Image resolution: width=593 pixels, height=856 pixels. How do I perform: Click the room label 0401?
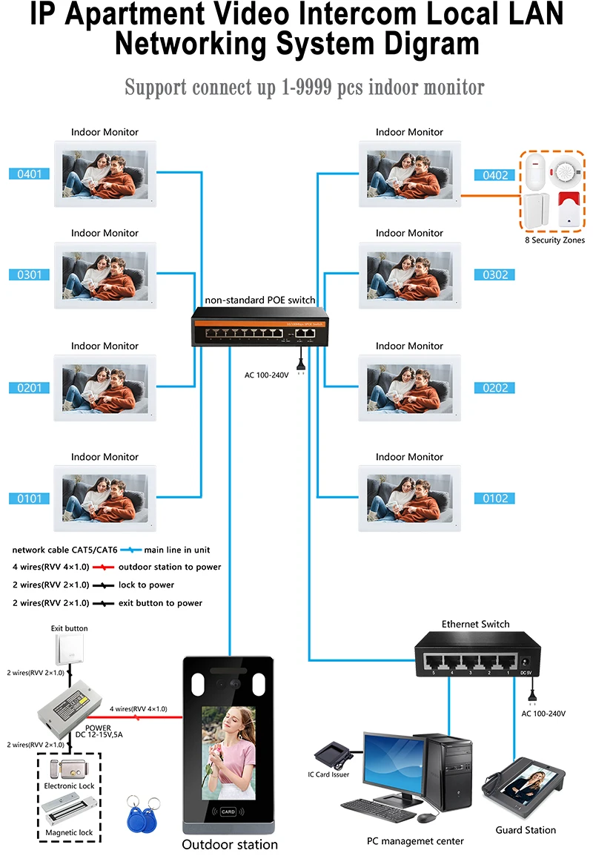click(x=30, y=174)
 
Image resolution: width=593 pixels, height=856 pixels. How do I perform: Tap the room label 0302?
click(x=496, y=275)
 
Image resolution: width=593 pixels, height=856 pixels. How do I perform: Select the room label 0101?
click(x=30, y=498)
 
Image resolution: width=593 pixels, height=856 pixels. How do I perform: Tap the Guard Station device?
click(x=525, y=790)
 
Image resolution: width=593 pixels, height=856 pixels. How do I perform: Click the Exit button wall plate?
click(x=69, y=651)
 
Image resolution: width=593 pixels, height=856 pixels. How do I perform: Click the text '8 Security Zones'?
click(x=554, y=240)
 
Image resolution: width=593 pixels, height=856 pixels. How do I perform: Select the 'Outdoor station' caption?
click(x=230, y=845)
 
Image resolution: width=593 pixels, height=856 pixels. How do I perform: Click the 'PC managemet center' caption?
click(x=415, y=841)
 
